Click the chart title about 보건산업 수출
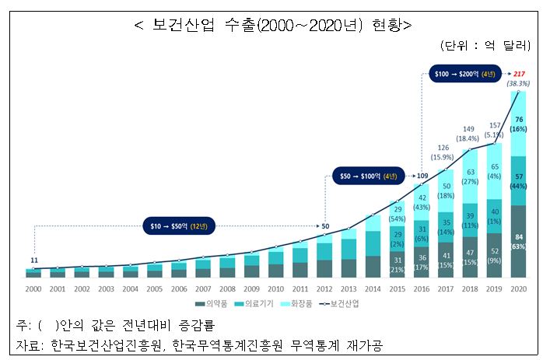pos(273,23)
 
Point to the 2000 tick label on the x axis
pos(33,288)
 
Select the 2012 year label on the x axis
pos(324,288)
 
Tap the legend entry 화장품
pos(303,303)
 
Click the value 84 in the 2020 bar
pos(518,236)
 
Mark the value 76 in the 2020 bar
pos(518,119)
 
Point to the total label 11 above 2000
pos(33,260)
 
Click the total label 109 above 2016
pos(422,177)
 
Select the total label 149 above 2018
pos(470,129)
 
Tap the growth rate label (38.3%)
pos(518,82)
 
